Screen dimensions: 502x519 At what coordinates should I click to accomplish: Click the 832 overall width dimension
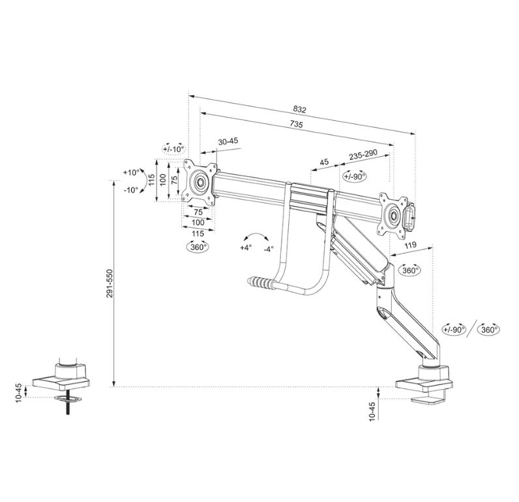click(299, 109)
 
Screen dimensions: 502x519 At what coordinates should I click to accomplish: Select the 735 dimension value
click(296, 125)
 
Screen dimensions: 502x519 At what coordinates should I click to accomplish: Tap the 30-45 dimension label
click(228, 141)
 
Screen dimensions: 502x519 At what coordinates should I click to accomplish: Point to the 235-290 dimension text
click(363, 156)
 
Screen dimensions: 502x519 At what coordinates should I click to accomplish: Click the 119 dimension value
click(411, 246)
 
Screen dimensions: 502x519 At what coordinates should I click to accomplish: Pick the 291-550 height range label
click(111, 284)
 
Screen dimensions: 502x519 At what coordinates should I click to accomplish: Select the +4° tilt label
click(245, 248)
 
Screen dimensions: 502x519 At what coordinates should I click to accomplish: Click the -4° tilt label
click(268, 249)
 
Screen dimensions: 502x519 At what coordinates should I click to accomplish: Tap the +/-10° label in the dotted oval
click(174, 149)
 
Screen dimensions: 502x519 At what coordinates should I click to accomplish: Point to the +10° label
click(130, 173)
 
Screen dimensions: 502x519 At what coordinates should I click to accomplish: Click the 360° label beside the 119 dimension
click(409, 270)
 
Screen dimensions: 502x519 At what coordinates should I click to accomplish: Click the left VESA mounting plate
click(199, 180)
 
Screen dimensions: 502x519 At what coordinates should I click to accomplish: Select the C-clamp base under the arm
click(423, 385)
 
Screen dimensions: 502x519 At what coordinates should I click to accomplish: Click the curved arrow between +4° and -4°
click(257, 237)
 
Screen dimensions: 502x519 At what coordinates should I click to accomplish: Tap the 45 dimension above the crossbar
click(323, 162)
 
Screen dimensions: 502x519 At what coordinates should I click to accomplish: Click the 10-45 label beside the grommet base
click(18, 392)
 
